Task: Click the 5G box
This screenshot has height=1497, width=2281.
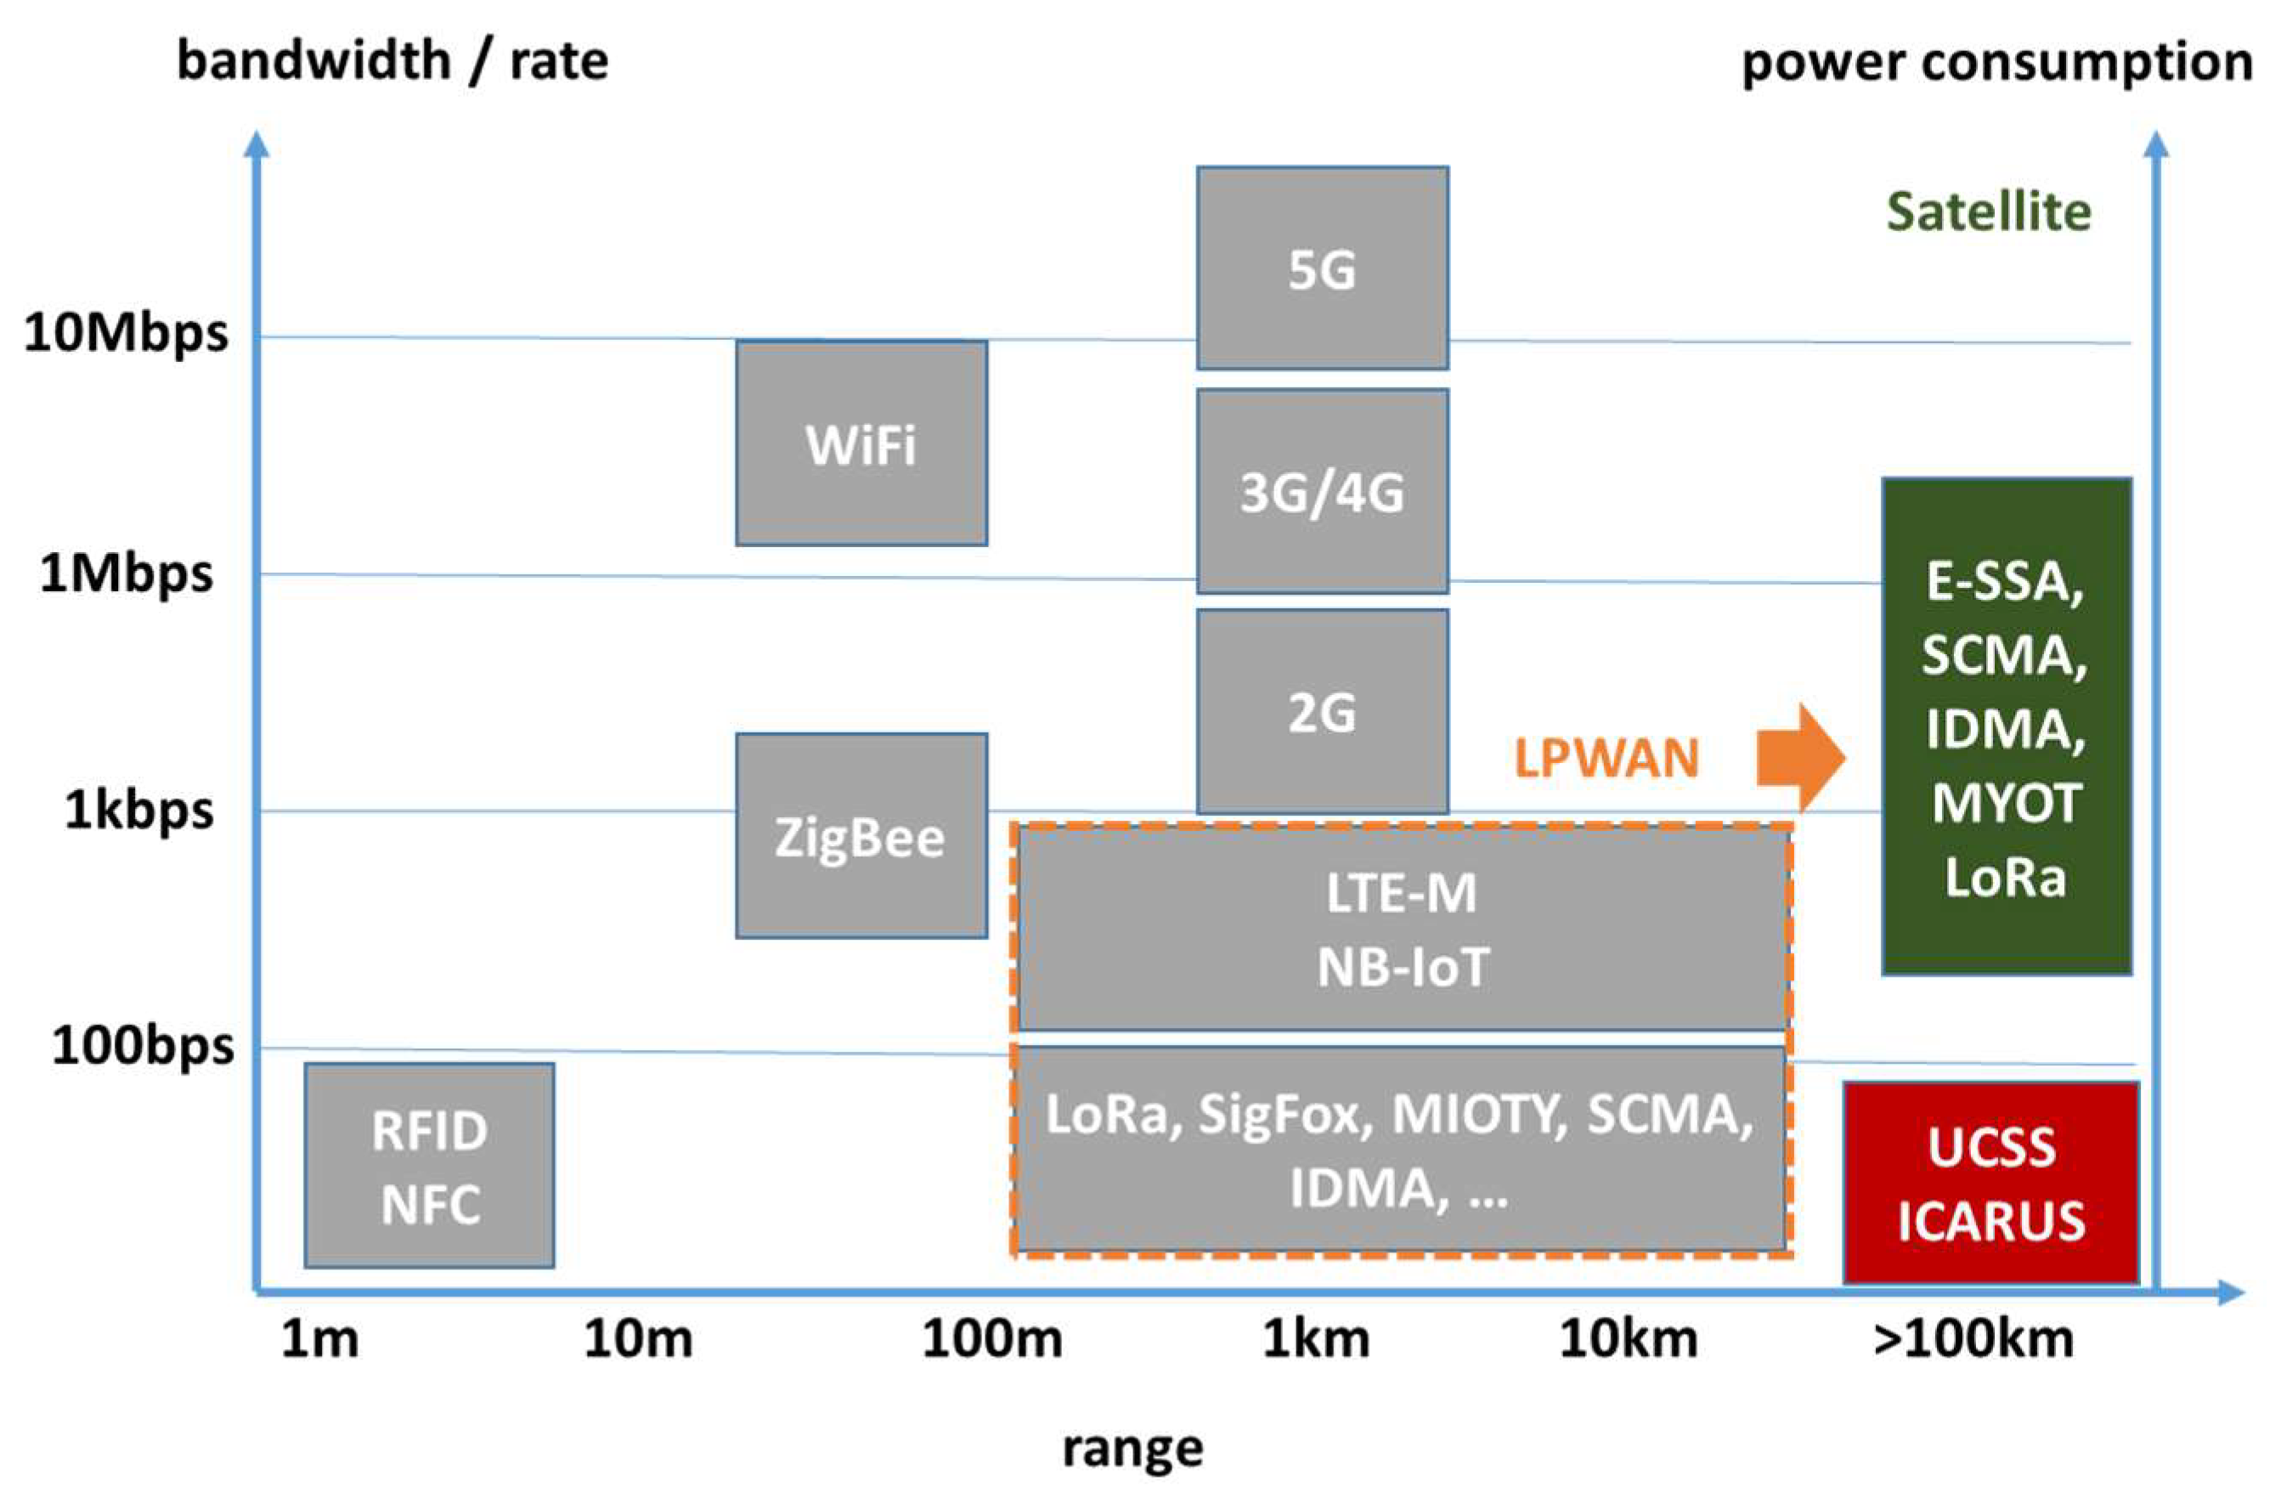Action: coord(1322,268)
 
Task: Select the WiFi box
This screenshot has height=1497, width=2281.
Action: coord(861,443)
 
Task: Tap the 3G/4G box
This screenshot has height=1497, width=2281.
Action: coord(1322,492)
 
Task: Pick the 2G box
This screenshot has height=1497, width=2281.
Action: coord(1322,711)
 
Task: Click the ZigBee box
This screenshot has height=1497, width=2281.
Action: coord(861,836)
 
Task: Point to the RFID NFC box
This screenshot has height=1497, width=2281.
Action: coord(429,1166)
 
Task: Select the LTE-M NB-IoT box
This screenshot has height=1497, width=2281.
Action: coord(1401,929)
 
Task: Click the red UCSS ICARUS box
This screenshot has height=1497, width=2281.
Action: coord(1990,1183)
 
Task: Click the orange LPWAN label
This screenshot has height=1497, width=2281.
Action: coord(1606,758)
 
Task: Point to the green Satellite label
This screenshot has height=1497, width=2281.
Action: coord(1989,212)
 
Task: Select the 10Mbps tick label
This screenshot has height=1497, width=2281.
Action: coord(126,332)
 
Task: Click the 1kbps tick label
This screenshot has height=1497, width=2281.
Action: coord(139,811)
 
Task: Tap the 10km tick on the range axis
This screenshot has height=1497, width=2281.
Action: coord(1629,1338)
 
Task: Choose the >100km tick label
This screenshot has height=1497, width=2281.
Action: coord(1973,1338)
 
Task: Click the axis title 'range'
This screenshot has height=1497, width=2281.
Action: coord(1132,1448)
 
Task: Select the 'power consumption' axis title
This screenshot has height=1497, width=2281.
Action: coord(1996,62)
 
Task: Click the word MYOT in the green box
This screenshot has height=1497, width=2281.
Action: coord(2005,802)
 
